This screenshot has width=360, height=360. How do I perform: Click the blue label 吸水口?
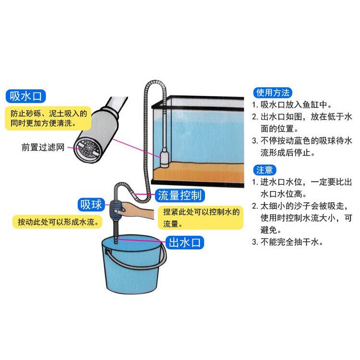[x=27, y=96]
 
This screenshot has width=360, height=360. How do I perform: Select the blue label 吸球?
[x=91, y=205]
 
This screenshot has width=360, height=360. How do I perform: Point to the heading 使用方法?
[x=272, y=93]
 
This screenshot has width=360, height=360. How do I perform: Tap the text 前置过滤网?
[x=43, y=147]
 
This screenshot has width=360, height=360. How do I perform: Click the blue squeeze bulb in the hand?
[x=117, y=208]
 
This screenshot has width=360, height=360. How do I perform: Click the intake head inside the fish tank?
[x=163, y=157]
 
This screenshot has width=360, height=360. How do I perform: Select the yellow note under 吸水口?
[x=48, y=118]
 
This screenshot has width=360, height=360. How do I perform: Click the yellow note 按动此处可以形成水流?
[x=58, y=222]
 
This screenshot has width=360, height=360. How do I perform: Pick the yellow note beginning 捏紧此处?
[x=200, y=217]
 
